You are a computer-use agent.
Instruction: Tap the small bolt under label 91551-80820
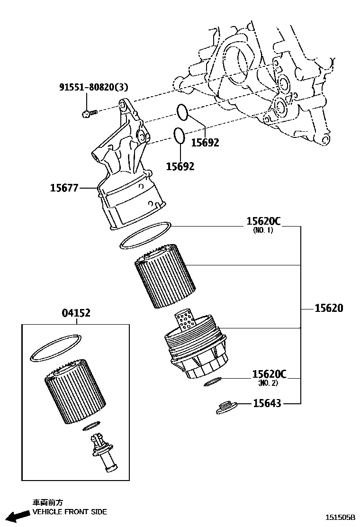89,113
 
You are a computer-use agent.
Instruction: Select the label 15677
64,188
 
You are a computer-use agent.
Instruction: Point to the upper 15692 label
205,142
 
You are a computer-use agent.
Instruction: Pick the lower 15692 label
180,166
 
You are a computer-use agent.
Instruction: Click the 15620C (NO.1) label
263,221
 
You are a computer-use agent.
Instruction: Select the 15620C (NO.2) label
269,374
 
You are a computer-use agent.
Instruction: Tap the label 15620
329,308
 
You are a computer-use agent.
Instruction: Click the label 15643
267,403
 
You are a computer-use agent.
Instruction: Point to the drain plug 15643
226,407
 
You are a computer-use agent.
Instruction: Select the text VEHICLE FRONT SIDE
69,512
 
